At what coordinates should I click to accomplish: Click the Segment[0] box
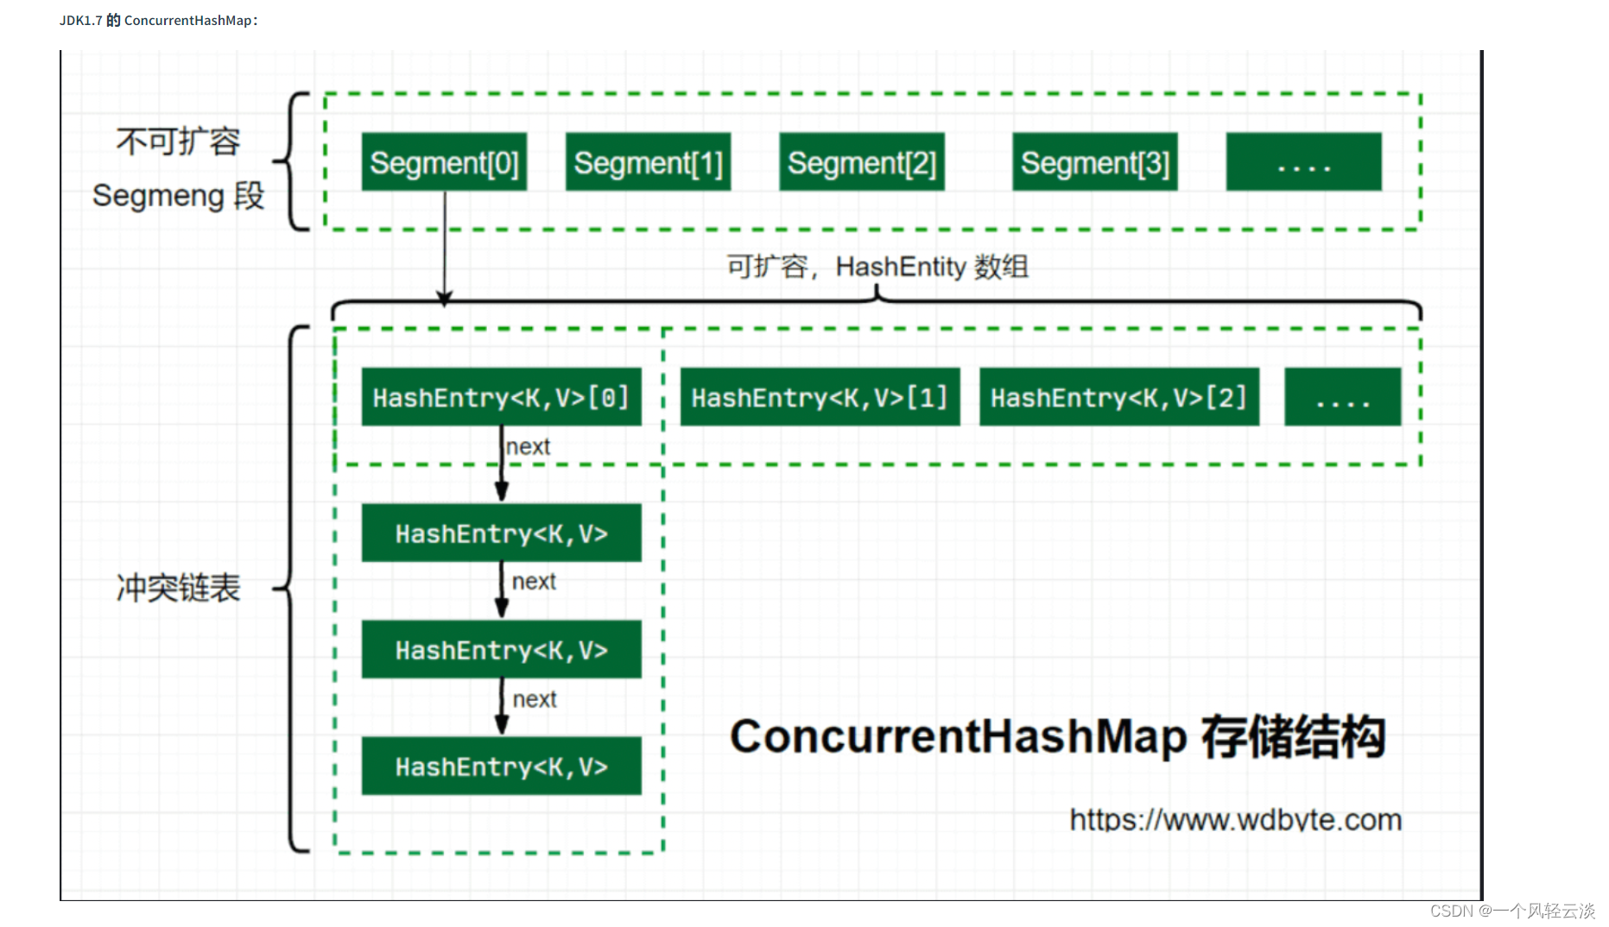click(444, 162)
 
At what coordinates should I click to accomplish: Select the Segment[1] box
click(648, 162)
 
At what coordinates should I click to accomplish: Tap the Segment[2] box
click(861, 162)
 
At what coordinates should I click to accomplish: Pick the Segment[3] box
click(1094, 162)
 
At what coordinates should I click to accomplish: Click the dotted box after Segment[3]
click(1303, 162)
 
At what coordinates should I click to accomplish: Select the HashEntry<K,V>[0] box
click(501, 397)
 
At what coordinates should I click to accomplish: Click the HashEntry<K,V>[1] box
click(820, 397)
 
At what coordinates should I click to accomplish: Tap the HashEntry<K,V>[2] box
click(1118, 397)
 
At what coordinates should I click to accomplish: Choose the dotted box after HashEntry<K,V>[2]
click(1342, 397)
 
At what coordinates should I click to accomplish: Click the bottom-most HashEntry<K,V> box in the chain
click(501, 766)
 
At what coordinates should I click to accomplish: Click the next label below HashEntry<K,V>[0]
click(528, 446)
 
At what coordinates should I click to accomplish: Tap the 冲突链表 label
click(178, 589)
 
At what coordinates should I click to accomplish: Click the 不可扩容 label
click(178, 142)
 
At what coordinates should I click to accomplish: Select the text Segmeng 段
click(178, 196)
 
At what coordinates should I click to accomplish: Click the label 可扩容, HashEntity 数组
click(877, 267)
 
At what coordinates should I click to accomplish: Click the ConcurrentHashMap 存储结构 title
click(1057, 737)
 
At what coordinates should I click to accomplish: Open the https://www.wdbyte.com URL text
click(1235, 819)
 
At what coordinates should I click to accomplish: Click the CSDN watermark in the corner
click(1511, 911)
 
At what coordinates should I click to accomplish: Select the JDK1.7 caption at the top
click(159, 20)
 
